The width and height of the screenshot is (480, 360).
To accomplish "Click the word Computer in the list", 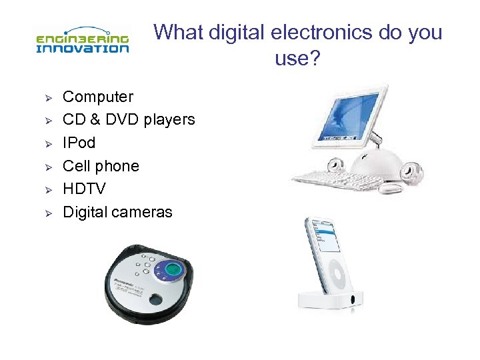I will point(98,97).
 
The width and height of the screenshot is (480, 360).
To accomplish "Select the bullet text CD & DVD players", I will point(129,120).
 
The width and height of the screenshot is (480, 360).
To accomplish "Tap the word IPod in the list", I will point(79,143).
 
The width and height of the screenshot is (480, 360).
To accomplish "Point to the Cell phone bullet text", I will point(101,166).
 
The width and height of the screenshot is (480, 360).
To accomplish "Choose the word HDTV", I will point(84,189).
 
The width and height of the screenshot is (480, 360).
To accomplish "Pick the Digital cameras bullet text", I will point(117,212).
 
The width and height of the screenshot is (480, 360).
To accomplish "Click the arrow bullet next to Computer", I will point(48,97).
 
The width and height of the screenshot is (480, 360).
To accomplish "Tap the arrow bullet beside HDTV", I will point(48,190).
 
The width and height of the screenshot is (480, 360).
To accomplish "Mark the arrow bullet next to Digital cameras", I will point(48,213).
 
